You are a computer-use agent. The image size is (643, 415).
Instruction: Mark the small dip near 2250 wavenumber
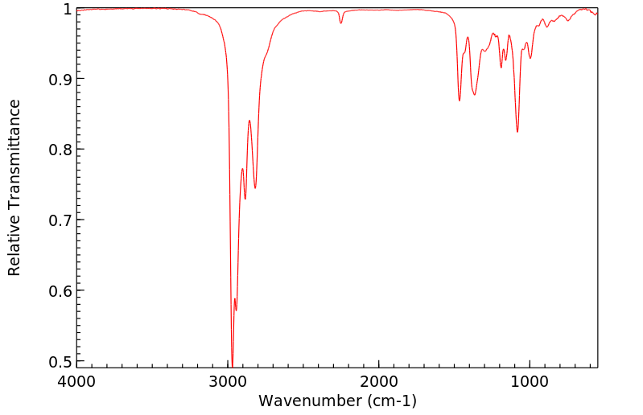click(x=341, y=23)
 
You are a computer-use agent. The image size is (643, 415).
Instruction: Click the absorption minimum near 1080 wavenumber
click(x=517, y=132)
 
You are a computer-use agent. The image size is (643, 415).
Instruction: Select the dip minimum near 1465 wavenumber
click(x=460, y=101)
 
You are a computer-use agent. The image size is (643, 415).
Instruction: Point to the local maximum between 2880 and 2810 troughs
click(x=249, y=121)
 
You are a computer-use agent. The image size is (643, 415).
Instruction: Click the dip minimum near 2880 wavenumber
click(x=245, y=199)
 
